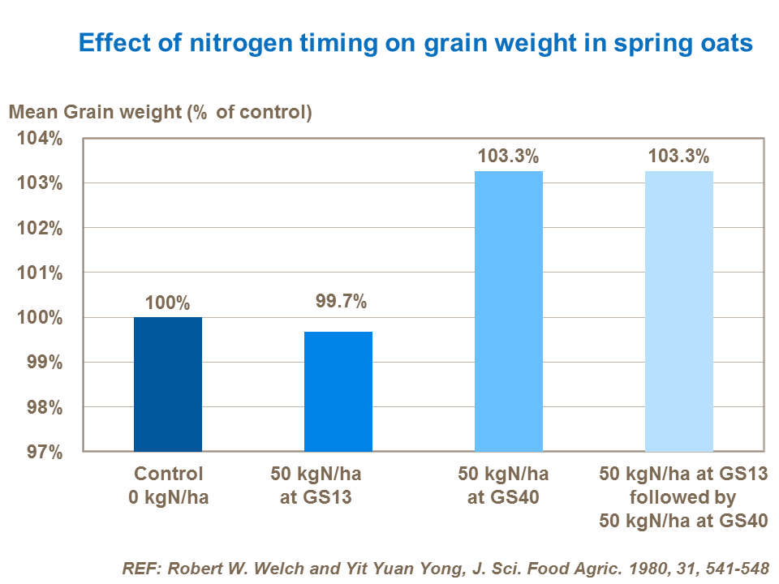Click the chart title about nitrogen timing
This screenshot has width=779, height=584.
415,42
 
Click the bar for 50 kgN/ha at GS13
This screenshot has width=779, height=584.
338,391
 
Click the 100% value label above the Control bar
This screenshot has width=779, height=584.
168,303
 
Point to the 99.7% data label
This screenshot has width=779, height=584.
341,303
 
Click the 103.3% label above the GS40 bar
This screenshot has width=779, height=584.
509,157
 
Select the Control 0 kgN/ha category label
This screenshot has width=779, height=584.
168,485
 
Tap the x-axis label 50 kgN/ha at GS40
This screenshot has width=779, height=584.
503,485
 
